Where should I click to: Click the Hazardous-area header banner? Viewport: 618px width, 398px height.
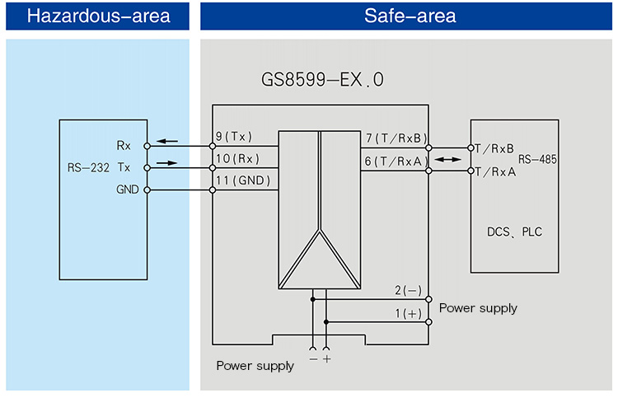pos(98,16)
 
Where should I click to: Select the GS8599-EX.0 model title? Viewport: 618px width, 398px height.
pos(322,81)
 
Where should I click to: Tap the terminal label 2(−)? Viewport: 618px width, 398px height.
pos(407,290)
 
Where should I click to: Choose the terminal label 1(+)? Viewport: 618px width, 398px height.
pos(407,313)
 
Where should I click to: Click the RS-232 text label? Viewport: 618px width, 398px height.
pos(89,167)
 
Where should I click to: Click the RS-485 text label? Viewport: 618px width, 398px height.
pos(537,158)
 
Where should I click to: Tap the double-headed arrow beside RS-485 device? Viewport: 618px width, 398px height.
pos(449,159)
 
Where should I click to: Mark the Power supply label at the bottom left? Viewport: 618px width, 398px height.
pos(255,366)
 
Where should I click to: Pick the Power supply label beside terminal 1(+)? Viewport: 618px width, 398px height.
pos(478,308)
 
